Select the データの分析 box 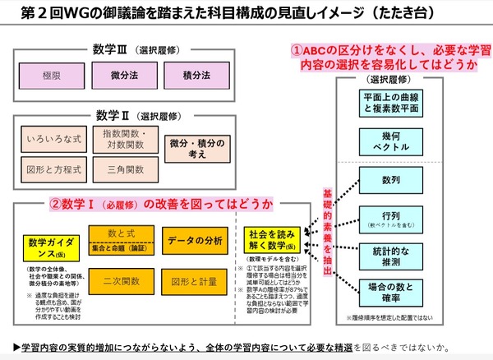pos(195,240)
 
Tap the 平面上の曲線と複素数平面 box pos(391,104)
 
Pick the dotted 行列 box pos(391,219)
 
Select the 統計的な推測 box pos(391,254)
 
